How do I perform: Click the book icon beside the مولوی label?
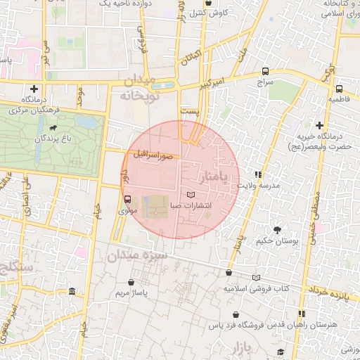127,198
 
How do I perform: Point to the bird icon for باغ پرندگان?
54,128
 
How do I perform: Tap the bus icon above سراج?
265,71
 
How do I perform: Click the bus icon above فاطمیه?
340,89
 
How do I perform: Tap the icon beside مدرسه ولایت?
259,174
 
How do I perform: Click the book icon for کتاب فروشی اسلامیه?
256,278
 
